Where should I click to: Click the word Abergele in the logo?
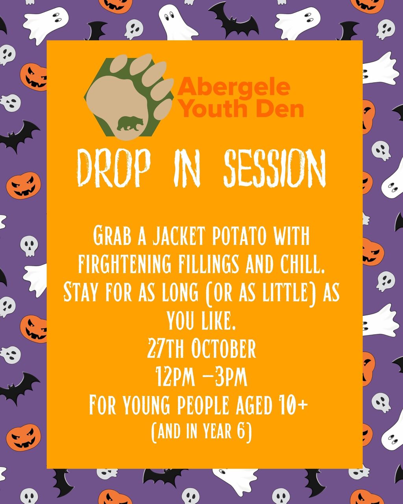234,87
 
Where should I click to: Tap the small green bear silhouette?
130,123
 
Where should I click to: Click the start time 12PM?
175,377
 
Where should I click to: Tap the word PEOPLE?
203,405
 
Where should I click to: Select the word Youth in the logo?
214,108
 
